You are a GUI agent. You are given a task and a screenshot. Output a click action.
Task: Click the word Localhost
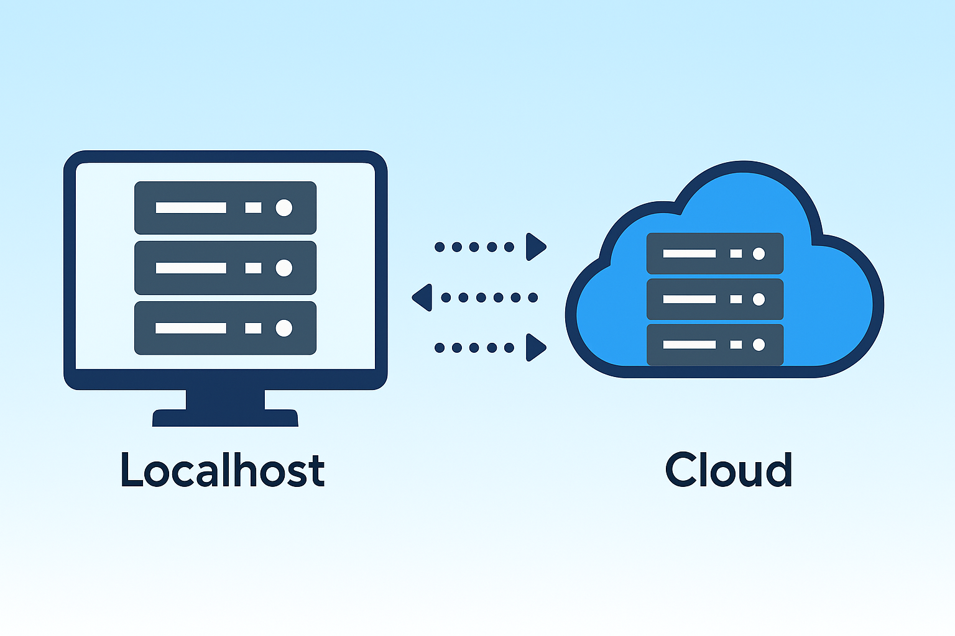coord(222,470)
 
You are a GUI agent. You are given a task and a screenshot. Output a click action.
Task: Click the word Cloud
coord(728,470)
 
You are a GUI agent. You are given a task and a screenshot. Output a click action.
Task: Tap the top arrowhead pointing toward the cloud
coord(535,247)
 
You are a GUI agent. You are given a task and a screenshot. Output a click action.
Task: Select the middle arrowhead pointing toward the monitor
coord(423,298)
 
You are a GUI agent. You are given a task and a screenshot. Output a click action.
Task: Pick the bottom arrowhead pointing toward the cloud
coord(535,347)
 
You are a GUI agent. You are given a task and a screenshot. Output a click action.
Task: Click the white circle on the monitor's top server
coord(284,207)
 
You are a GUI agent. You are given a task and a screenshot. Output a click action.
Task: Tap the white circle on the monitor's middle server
coord(284,268)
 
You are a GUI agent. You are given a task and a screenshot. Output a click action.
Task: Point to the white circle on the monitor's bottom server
coord(284,328)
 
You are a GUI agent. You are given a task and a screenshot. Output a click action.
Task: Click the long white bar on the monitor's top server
coord(191,207)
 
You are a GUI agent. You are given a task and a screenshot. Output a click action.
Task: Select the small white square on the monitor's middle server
coord(253,268)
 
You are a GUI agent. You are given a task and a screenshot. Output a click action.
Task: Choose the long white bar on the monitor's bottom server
coord(191,328)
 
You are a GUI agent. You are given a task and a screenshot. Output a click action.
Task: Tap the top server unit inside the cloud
coord(714,253)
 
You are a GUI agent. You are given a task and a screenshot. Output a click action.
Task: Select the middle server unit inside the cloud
coord(714,299)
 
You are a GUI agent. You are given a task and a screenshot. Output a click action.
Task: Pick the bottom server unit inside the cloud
coord(714,345)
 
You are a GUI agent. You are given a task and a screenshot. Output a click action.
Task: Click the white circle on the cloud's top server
coord(759,253)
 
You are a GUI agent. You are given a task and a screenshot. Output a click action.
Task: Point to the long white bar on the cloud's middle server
coord(690,299)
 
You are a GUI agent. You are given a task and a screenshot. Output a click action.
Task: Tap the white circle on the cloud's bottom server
coord(759,345)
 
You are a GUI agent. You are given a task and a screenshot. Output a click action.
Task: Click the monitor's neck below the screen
coord(225,399)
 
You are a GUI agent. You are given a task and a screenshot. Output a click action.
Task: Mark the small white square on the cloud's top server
coord(736,253)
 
